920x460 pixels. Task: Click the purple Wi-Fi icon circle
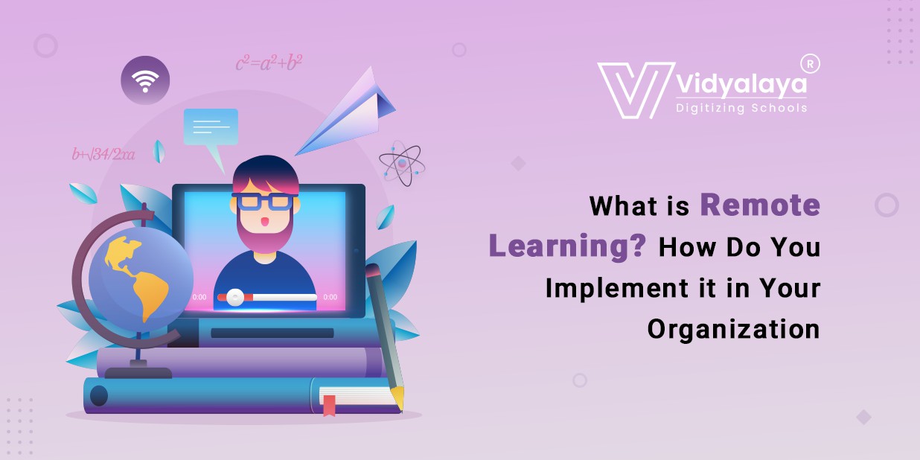coord(145,80)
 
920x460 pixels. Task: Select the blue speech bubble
coord(211,127)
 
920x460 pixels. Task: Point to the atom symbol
coord(402,163)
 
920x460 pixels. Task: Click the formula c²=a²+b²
coord(269,63)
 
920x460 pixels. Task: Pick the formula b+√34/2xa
coord(103,155)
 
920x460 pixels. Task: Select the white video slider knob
coord(235,297)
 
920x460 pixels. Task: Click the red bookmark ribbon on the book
coord(329,404)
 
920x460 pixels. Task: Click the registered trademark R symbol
coord(811,64)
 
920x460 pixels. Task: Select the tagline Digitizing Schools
coord(741,108)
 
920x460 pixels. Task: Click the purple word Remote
coord(759,205)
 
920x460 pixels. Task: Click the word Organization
coord(733,328)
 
